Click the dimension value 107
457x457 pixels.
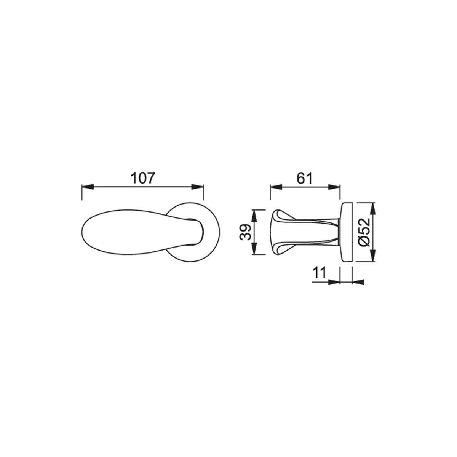point(143,178)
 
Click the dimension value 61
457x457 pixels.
point(305,178)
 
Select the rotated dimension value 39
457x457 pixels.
point(245,232)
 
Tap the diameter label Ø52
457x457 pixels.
point(364,232)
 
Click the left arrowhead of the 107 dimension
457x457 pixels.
point(88,187)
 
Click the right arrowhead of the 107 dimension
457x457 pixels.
point(198,187)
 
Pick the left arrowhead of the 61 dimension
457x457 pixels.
point(276,187)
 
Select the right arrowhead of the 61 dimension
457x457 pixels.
point(334,187)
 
